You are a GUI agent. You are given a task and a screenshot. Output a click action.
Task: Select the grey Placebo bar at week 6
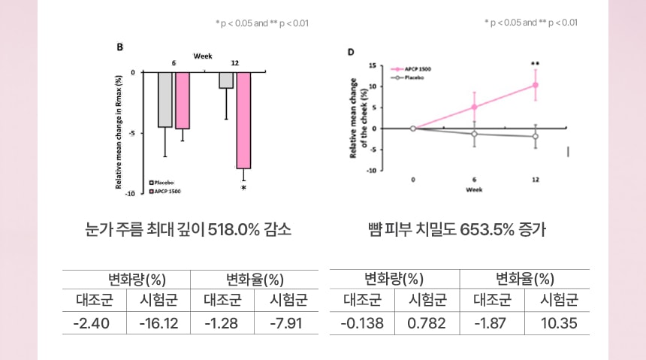coord(165,100)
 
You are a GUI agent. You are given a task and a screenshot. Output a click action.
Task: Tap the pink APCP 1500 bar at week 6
coord(183,101)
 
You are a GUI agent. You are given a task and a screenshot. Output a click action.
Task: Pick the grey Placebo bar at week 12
coord(226,80)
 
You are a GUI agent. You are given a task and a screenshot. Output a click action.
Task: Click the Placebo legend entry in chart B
coord(161,183)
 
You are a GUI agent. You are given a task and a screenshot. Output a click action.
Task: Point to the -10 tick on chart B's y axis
coord(128,194)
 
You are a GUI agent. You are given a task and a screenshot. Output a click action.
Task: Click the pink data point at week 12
coord(536,85)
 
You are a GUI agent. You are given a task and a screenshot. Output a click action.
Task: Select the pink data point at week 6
coord(474,107)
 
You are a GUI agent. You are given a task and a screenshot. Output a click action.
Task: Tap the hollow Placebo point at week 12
coord(536,136)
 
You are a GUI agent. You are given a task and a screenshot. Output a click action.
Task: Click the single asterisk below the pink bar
coord(243,189)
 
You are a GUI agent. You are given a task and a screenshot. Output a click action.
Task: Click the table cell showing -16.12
coord(158,323)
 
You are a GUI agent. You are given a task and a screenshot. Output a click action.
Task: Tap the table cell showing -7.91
coord(287,323)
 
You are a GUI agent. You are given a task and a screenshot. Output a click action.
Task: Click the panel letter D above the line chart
coord(350,52)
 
